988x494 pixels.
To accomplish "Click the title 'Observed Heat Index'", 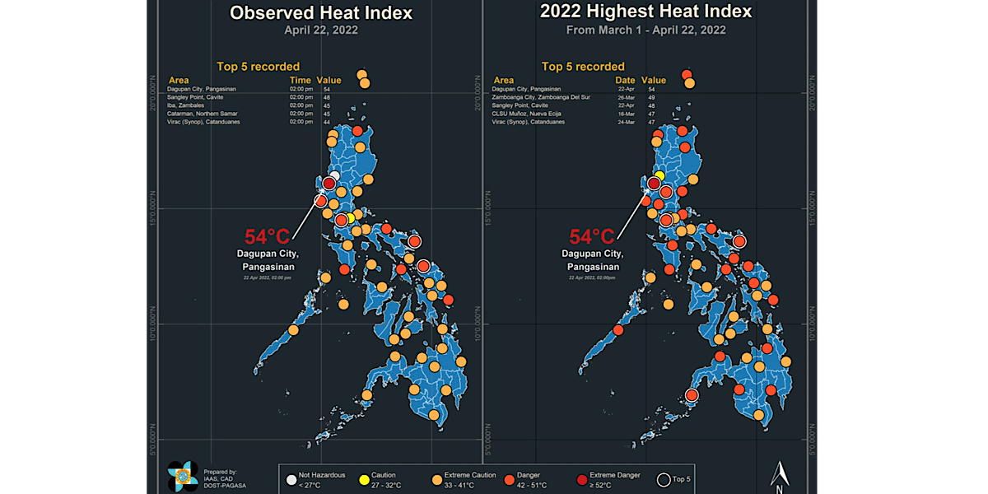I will pos(320,13).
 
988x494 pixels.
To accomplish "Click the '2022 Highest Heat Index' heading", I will pos(645,12).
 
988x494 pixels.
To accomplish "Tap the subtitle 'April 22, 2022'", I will pos(320,30).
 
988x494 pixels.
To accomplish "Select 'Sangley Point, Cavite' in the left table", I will pos(195,97).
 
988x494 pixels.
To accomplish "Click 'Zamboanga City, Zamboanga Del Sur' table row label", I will pos(540,97).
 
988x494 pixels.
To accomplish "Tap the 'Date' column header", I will pos(625,80).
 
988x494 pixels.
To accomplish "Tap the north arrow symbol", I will pos(780,473).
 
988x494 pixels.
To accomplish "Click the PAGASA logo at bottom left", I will pos(181,475).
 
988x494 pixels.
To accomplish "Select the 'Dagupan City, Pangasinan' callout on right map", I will pos(592,260).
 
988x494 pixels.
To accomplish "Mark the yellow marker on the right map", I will pos(659,175).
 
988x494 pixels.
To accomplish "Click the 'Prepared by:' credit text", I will pos(220,472).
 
